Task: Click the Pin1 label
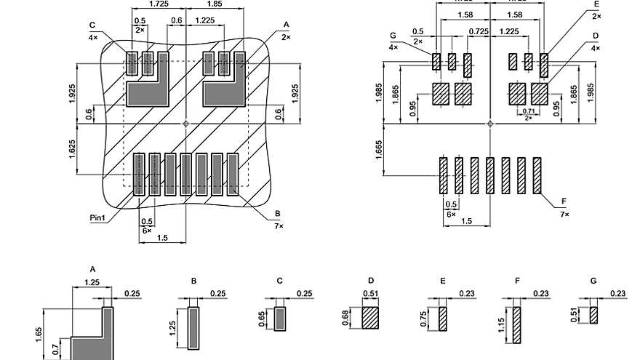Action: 97,217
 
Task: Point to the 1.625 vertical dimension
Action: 73,148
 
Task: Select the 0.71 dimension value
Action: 528,111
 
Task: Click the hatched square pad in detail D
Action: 371,318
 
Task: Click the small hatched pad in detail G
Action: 594,315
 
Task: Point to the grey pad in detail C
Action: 280,319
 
